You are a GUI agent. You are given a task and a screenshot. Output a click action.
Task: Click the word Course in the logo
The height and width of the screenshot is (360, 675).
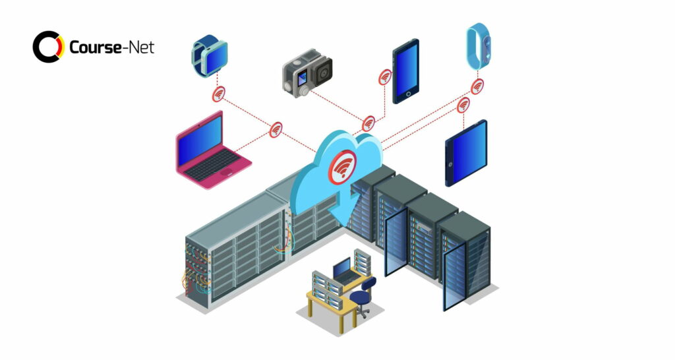coord(95,47)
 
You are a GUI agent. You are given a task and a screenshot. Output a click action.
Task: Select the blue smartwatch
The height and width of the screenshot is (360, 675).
coord(210,56)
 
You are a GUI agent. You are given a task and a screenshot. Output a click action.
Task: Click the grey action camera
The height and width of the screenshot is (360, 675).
coord(307,73)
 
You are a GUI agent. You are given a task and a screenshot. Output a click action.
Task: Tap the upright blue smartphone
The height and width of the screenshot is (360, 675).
coord(405,71)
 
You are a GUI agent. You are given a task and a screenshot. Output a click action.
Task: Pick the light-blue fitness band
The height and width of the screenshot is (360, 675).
coord(479,46)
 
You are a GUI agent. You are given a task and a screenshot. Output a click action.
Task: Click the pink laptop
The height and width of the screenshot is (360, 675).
coord(212,151)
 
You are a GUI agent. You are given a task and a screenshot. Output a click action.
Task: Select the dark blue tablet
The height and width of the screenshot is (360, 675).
coord(466,154)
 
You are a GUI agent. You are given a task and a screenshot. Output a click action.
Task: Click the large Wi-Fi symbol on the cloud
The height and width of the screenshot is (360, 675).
coord(342,167)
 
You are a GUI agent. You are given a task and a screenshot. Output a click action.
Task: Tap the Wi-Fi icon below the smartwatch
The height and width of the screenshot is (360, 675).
coord(219,94)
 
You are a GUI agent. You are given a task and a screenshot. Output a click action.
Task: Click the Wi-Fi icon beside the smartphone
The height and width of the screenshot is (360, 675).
coord(385,77)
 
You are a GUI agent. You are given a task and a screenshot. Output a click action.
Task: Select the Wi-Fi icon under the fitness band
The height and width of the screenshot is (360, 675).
coord(477,86)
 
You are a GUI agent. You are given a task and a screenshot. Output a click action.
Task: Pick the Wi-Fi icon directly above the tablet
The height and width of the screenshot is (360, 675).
coord(463,105)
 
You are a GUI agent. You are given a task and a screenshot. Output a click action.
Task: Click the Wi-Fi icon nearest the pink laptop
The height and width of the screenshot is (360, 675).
coord(276,130)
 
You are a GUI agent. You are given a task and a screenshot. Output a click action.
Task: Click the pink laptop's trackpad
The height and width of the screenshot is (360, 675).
coord(226,172)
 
